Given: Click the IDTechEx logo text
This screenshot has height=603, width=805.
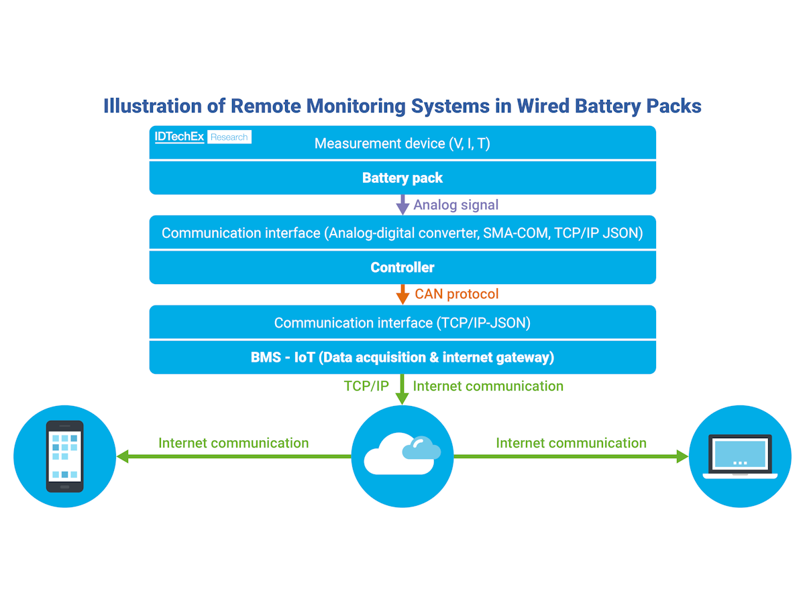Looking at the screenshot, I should click(x=179, y=137).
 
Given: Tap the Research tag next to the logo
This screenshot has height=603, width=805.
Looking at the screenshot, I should click(x=229, y=137).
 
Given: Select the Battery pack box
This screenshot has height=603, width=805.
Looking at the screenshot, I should click(x=402, y=178).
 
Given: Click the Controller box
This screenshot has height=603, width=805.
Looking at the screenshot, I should click(x=402, y=267).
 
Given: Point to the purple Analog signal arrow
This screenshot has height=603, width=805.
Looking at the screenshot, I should click(x=402, y=204).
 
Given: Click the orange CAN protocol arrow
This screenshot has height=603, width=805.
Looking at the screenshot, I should click(x=402, y=294).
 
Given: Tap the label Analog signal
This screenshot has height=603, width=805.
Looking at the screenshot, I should click(x=456, y=204).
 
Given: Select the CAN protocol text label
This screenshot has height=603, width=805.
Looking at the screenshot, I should click(x=457, y=294).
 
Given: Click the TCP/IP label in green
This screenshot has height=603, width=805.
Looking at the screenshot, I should click(x=366, y=387).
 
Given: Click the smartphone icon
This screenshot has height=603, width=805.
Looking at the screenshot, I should click(x=64, y=456).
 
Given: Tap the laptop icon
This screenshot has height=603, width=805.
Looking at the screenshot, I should click(x=740, y=456).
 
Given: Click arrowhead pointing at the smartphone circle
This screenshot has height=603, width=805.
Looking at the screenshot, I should click(x=122, y=457).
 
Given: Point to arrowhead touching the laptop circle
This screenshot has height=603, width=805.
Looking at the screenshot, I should click(x=683, y=457).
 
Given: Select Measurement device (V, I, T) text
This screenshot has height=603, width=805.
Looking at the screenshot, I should click(x=402, y=143).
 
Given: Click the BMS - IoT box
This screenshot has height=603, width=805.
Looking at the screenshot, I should click(x=402, y=358).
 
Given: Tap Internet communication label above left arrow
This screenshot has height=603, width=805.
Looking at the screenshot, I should click(x=233, y=443).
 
